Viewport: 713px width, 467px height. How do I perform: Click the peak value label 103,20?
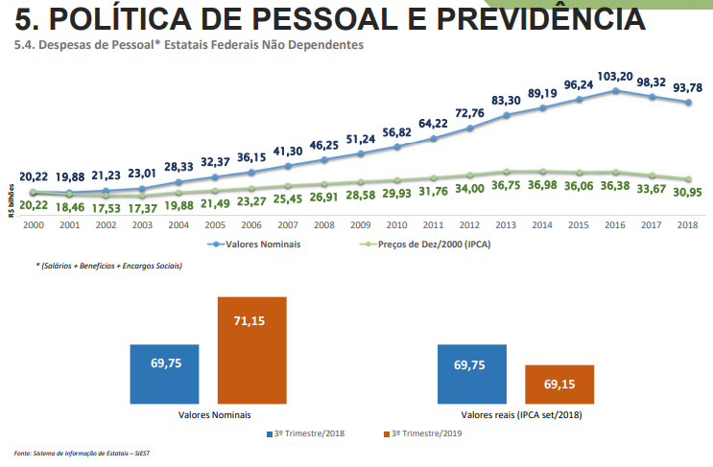[615, 76]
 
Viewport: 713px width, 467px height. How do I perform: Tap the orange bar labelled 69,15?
[559, 384]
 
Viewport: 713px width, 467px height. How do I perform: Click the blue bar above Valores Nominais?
[165, 374]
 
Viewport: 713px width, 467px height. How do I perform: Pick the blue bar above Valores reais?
[471, 374]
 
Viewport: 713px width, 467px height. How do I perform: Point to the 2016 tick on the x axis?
[615, 223]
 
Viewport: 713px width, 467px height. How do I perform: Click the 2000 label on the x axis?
[33, 223]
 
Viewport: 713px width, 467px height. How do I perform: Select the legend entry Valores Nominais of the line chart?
[255, 245]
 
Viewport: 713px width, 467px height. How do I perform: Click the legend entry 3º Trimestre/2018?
[306, 434]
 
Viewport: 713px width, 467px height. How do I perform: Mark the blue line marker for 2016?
[615, 91]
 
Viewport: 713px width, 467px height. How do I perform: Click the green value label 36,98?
[542, 186]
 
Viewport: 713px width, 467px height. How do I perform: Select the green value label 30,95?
[688, 193]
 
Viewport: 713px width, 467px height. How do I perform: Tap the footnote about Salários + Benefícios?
[109, 266]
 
